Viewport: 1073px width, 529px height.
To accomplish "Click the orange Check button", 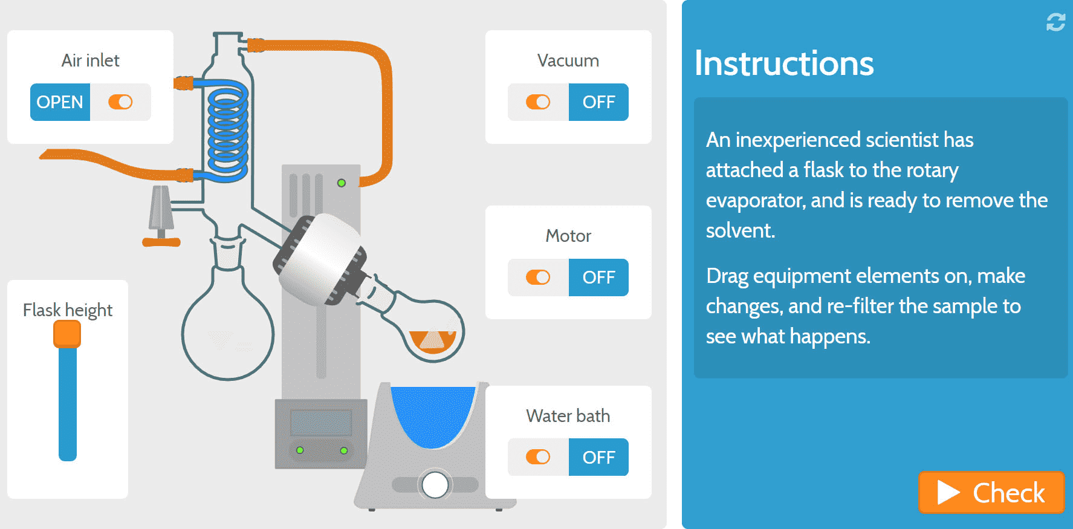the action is (991, 492).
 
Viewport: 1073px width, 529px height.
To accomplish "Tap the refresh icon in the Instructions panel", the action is (1055, 22).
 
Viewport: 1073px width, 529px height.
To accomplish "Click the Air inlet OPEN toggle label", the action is (60, 102).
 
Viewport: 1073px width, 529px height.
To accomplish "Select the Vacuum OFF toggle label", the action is (598, 102).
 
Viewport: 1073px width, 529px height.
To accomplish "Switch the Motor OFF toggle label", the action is (598, 277).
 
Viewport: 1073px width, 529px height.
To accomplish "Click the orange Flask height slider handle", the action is (67, 334).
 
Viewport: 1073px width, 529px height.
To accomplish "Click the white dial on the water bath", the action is (435, 484).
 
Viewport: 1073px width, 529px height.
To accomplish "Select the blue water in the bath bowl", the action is (433, 414).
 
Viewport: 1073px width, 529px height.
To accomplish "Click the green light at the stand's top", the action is (342, 183).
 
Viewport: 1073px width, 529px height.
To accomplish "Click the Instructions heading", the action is (784, 63).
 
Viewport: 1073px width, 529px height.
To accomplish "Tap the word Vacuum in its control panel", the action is (568, 60).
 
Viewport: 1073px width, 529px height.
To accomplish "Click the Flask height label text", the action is (68, 310).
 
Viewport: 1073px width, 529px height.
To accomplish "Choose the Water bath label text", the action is (568, 416).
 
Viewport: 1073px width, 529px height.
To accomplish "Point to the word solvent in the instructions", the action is (740, 230).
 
